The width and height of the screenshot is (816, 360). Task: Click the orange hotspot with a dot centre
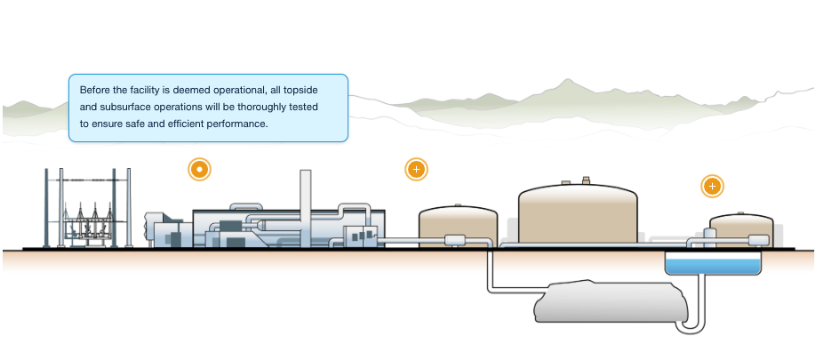(200, 169)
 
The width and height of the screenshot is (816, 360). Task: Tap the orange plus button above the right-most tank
(712, 187)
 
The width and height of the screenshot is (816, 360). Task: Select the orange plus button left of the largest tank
(416, 169)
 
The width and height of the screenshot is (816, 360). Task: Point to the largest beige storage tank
(578, 213)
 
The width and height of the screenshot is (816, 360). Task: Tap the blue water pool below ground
(713, 264)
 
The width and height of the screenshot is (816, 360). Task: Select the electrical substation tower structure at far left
(87, 209)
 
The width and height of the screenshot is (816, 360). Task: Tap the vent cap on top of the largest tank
(586, 180)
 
